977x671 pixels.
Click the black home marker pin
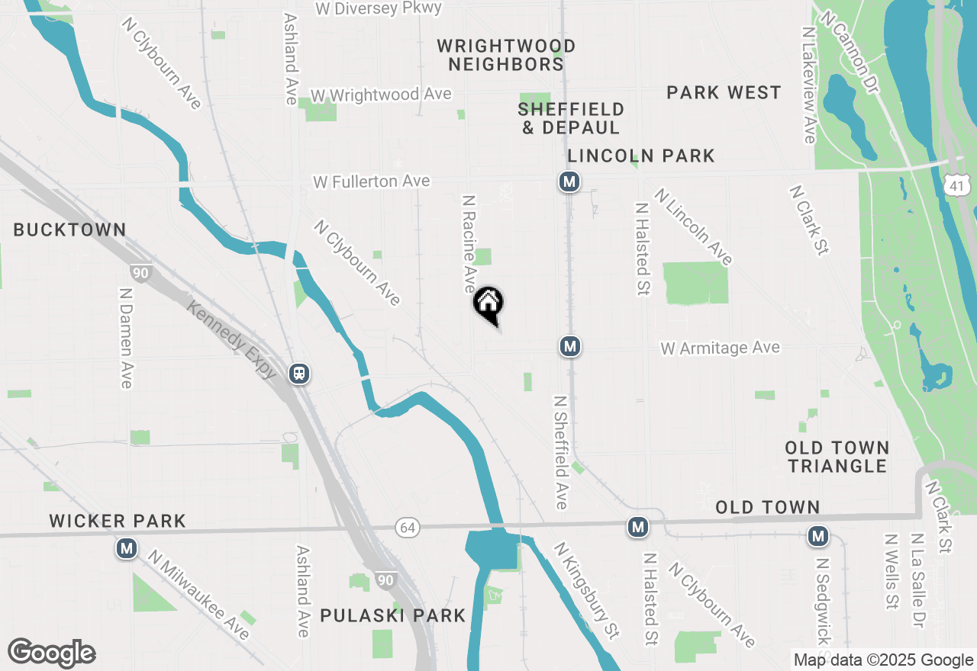pos(488,303)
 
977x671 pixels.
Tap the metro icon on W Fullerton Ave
pos(569,181)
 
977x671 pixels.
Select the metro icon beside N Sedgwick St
pos(818,537)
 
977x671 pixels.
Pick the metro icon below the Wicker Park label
pos(127,548)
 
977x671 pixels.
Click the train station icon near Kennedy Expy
pos(299,373)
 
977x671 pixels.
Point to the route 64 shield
pos(407,527)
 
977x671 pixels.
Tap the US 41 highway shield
pos(958,183)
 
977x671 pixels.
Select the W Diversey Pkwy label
pos(379,8)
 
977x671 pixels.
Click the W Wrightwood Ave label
pos(381,95)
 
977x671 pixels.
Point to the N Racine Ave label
pos(469,243)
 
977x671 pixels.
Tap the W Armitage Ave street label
pos(720,348)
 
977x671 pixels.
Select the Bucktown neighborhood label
pos(69,230)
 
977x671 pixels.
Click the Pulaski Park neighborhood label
pos(392,615)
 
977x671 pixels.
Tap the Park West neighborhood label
pos(724,93)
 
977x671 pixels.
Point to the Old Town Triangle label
pos(837,457)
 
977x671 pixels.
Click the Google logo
pos(51,653)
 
